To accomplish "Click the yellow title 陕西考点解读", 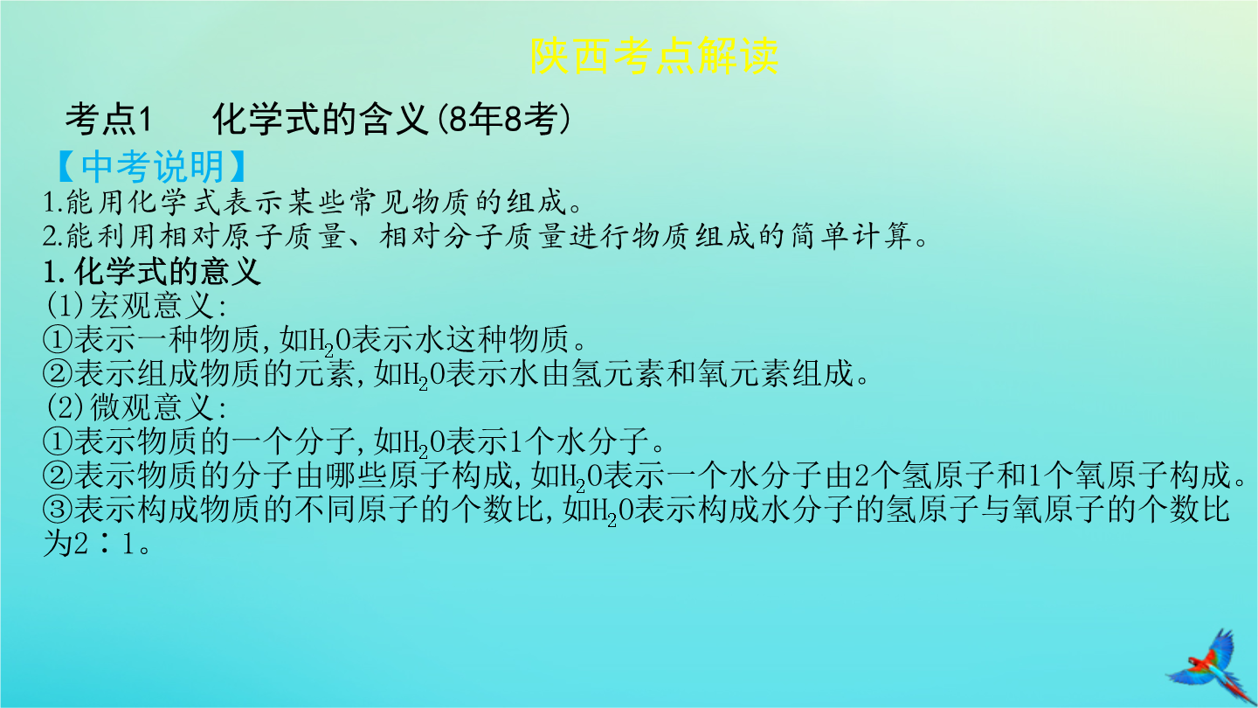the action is [x=654, y=56].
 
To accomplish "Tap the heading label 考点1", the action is [x=108, y=119].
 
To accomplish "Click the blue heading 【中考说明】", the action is [x=152, y=166].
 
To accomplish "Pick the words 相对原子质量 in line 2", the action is [x=251, y=236].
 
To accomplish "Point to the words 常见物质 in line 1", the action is [x=409, y=202].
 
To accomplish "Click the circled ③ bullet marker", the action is [x=58, y=510].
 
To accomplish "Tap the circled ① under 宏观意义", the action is [x=58, y=339].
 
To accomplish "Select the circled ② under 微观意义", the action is [x=58, y=475].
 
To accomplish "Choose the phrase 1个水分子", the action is [x=578, y=441].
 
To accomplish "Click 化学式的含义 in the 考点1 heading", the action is [x=321, y=119].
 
